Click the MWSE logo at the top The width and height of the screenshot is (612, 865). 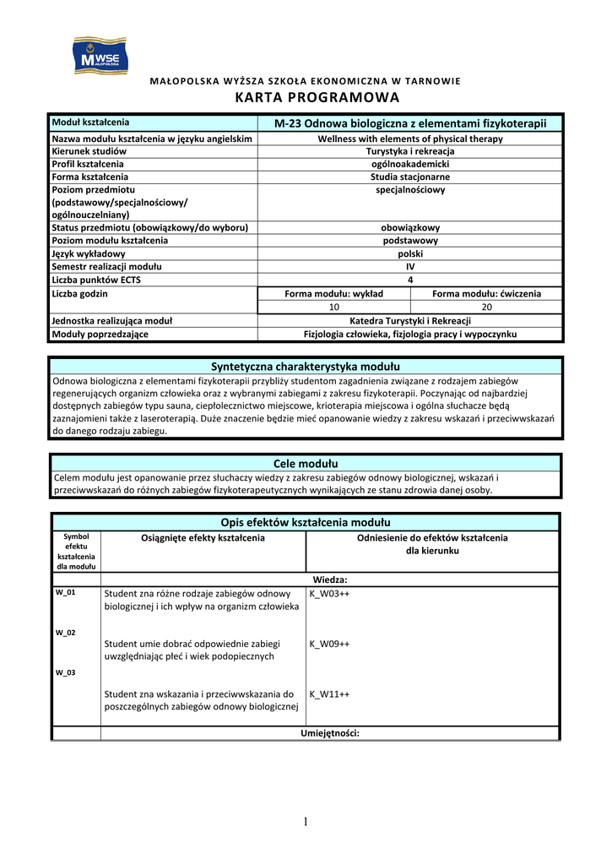(101, 56)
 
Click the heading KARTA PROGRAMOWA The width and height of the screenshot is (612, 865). (305, 97)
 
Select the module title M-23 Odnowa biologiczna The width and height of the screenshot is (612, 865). (410, 123)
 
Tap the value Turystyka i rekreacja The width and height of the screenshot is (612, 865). (410, 150)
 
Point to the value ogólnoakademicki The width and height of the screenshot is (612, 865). (410, 164)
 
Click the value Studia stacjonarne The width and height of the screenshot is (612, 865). (410, 177)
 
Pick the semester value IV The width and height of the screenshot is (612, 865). (410, 267)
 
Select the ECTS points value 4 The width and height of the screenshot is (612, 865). (410, 280)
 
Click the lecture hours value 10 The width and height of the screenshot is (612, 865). (333, 307)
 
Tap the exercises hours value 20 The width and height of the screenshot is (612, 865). (486, 307)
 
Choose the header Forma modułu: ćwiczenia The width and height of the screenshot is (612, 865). (486, 294)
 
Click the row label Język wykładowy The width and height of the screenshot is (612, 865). (89, 253)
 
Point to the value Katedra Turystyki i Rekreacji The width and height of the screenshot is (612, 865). (410, 321)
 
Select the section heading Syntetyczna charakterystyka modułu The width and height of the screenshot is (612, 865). (305, 366)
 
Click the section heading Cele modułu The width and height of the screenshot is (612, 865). (305, 464)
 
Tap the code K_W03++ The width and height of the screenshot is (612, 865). (329, 594)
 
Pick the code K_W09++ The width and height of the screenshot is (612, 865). (329, 644)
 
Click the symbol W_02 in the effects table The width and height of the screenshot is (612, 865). (65, 633)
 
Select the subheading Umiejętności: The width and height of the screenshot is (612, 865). (330, 733)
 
